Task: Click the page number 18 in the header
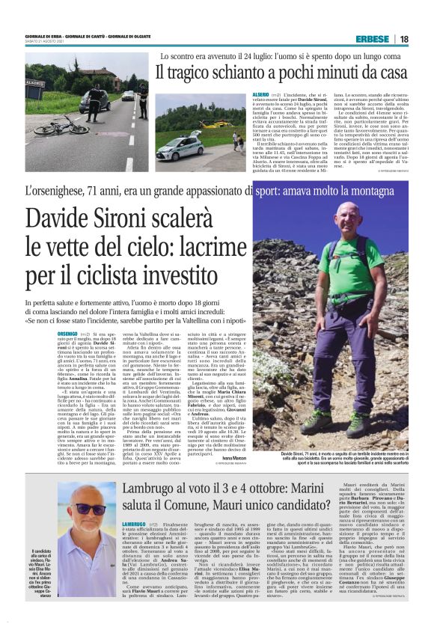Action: pyautogui.click(x=404, y=39)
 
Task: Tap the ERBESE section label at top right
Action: pyautogui.click(x=373, y=39)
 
